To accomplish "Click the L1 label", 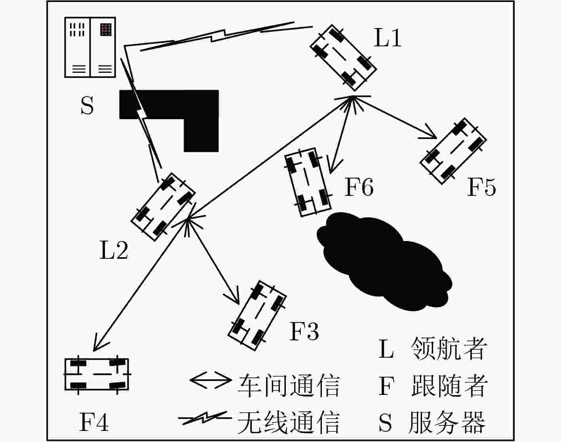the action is [387, 38].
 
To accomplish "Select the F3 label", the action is [304, 331].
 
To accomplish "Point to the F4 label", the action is [93, 422].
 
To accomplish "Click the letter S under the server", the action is [87, 105].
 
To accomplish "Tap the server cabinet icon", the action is [90, 47].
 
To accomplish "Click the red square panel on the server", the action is [106, 29].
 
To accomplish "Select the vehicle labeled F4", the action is [97, 374].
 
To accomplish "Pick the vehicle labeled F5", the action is [453, 151].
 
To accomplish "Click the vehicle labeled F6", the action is [308, 182].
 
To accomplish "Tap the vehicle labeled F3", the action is [257, 316].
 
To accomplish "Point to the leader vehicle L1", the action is [343, 58].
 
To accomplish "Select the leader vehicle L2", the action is [163, 207].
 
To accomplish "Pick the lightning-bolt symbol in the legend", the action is [205, 418].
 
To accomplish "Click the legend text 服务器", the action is [447, 423].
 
